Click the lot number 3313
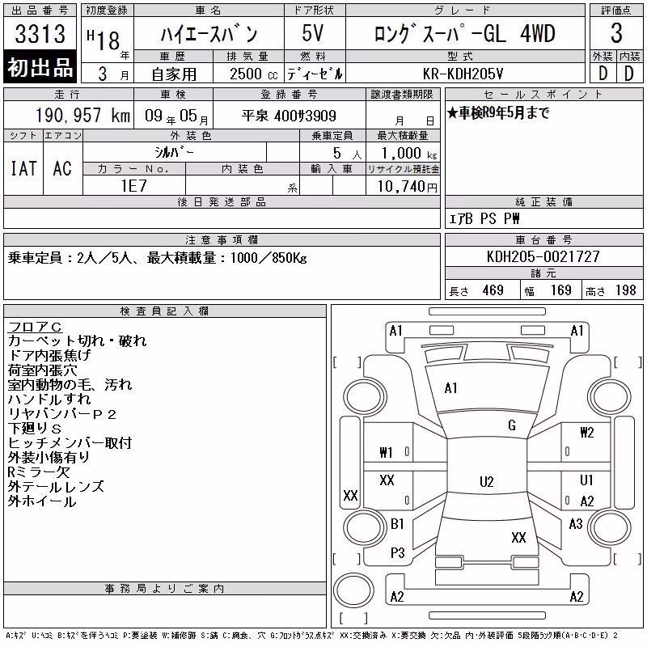40,33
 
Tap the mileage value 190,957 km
83,116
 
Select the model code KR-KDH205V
463,74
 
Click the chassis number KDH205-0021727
543,256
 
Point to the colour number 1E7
133,186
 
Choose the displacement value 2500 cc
254,74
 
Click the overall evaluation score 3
616,33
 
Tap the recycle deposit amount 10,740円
408,187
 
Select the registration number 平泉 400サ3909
289,116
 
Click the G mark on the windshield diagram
512,425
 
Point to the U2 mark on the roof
487,481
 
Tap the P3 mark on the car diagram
397,553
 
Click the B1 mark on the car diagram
397,524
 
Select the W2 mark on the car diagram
587,433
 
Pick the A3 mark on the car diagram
576,524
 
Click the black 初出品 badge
40,67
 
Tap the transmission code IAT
23,168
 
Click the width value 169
560,290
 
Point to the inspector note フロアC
35,327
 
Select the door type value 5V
312,33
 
